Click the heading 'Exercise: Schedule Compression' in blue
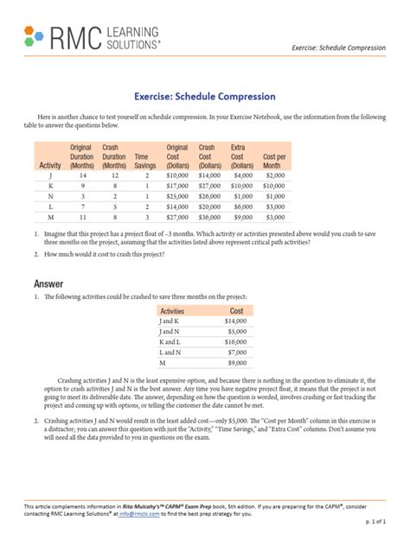click(204, 97)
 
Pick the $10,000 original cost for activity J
click(176, 175)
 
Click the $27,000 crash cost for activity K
click(208, 185)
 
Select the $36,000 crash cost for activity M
click(208, 219)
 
